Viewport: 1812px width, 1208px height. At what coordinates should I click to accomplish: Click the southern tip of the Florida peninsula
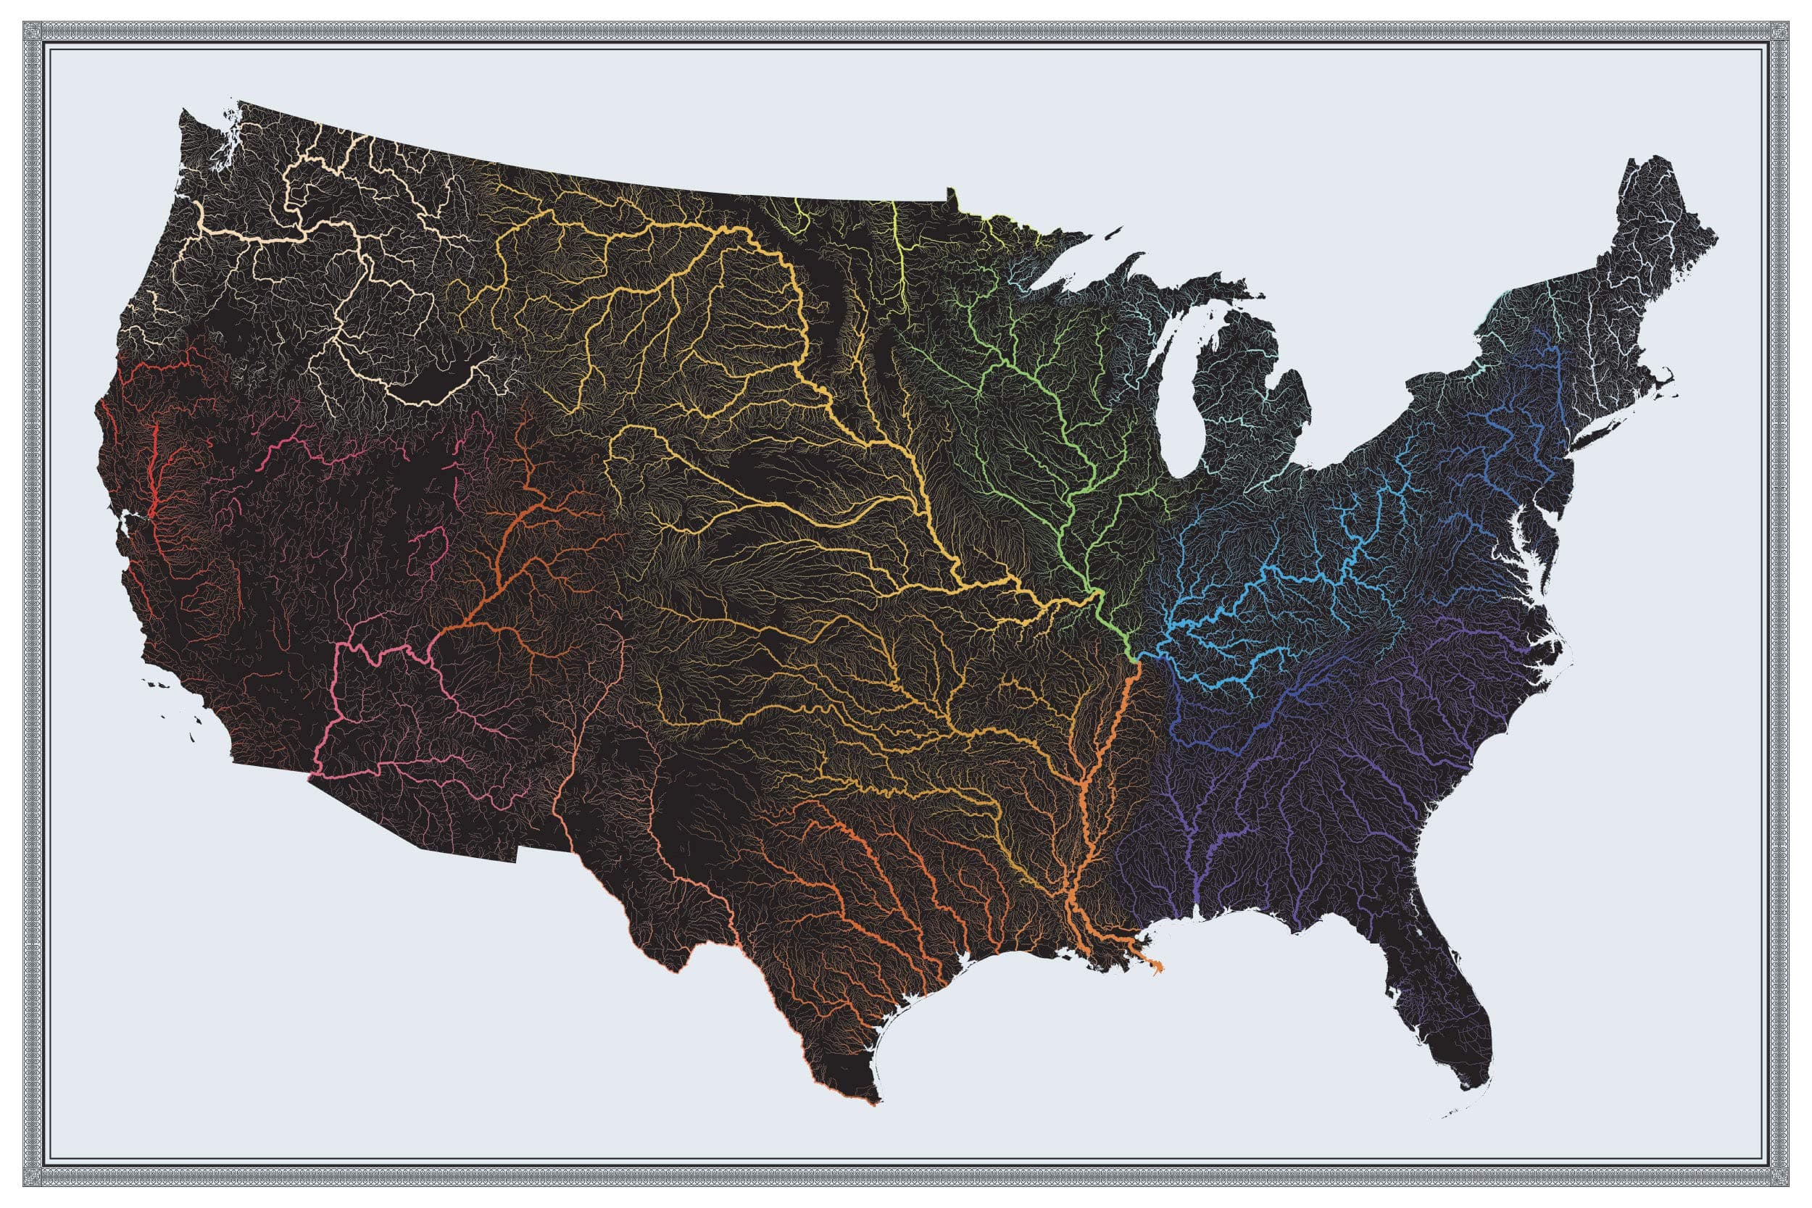(1473, 1087)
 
